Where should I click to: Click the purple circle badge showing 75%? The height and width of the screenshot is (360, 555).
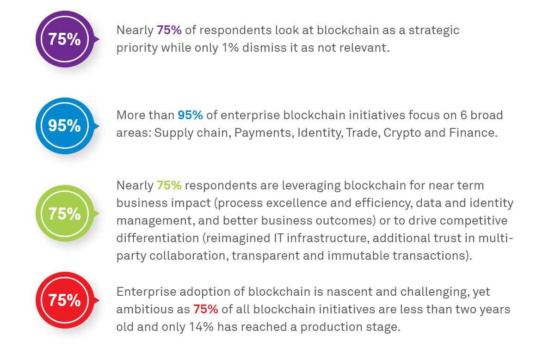[x=64, y=39]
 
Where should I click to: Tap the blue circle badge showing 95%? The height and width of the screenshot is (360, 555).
[x=64, y=126]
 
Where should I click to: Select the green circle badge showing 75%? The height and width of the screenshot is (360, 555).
[x=64, y=214]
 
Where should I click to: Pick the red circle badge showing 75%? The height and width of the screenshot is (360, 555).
[x=64, y=300]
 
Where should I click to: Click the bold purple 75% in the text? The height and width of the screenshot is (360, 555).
[x=169, y=30]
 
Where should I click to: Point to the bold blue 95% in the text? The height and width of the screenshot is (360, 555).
[x=190, y=115]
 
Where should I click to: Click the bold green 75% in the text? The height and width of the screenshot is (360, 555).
[x=169, y=185]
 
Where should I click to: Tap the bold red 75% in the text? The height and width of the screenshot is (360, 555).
[x=206, y=309]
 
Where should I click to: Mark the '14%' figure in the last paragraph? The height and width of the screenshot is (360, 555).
[x=201, y=327]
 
